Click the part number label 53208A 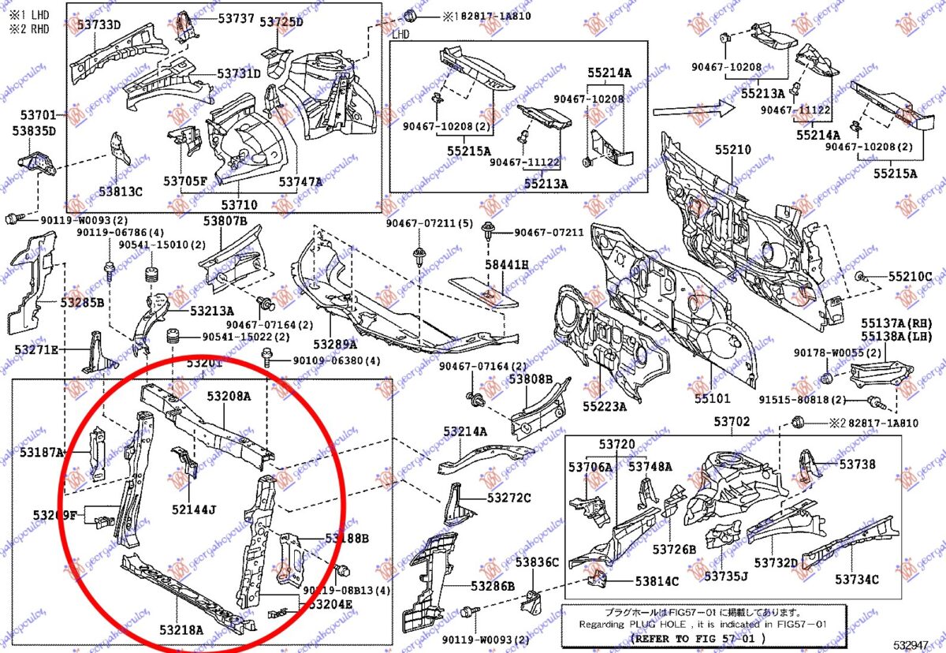click(x=229, y=396)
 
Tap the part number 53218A click(x=181, y=629)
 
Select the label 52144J click(x=193, y=509)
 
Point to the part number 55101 click(x=712, y=400)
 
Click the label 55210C click(x=910, y=277)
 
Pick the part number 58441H click(x=506, y=265)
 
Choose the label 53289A click(x=335, y=344)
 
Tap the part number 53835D click(x=33, y=131)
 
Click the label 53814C click(x=657, y=581)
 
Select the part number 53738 click(x=857, y=465)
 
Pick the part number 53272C click(x=508, y=498)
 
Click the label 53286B click(x=493, y=586)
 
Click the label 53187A click(x=43, y=452)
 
